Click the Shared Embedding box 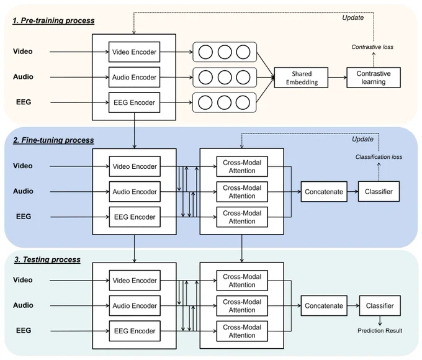coord(301,78)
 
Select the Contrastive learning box coord(374,78)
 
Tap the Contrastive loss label coord(372,47)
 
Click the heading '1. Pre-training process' coord(53,20)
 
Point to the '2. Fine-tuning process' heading coord(53,140)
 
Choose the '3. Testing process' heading coord(47,259)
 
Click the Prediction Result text coord(380,331)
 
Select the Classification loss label coord(379,157)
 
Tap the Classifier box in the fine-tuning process coord(379,191)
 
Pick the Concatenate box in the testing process coord(324,306)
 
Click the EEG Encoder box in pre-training coord(134,102)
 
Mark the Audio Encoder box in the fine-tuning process coord(135,192)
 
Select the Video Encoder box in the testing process coord(135,281)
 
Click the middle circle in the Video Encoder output coord(225,52)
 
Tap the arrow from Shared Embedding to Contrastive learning coord(338,78)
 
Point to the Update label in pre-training coord(353,18)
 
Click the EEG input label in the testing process coord(24,331)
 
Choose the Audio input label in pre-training coord(23,77)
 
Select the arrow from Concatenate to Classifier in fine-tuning coord(352,191)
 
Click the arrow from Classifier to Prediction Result coord(380,321)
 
